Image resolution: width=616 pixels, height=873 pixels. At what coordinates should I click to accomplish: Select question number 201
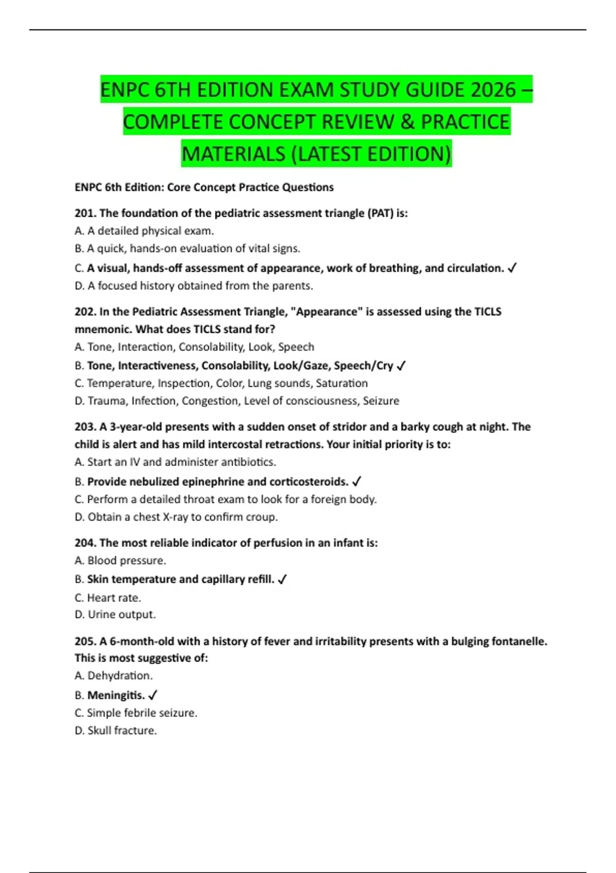coord(85,213)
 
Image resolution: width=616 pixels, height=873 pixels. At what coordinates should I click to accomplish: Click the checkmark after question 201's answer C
coord(512,268)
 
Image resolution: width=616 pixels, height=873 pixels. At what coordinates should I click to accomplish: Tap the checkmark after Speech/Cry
coord(401,366)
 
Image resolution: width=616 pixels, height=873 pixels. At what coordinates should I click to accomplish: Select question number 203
coord(85,427)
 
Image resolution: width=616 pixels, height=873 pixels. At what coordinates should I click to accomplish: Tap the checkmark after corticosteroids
coord(357,482)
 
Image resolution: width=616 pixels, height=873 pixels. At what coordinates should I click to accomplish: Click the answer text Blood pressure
coord(127,561)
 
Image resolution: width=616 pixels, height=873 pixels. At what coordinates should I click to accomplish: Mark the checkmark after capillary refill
coord(282,580)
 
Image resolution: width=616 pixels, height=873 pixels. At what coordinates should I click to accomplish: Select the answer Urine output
coord(122,615)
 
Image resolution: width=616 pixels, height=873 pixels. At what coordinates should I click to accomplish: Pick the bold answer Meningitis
coord(116,695)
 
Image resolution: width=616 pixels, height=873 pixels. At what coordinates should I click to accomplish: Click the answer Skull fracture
coord(122,731)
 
